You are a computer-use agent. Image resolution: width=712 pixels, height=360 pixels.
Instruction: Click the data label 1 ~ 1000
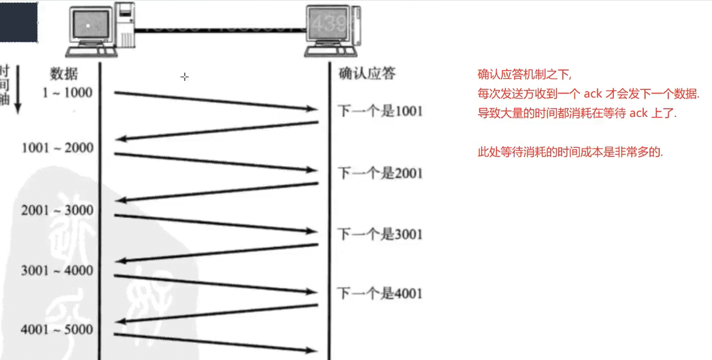[68, 92]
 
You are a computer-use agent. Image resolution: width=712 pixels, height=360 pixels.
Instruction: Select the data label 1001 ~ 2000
[58, 147]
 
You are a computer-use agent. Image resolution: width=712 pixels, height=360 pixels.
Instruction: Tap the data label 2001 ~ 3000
[57, 210]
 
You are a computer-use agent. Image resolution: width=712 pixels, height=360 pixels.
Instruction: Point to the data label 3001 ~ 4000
[57, 271]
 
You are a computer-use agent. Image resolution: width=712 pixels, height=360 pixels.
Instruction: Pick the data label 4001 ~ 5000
[57, 330]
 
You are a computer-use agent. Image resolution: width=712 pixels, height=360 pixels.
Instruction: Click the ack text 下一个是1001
[380, 111]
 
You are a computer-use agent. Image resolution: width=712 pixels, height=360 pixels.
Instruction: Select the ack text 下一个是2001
[380, 173]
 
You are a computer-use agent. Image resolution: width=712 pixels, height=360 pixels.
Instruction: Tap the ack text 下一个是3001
[380, 234]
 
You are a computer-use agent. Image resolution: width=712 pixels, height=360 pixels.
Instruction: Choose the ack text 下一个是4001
[380, 293]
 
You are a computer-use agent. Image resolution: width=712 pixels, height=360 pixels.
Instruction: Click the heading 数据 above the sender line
[64, 74]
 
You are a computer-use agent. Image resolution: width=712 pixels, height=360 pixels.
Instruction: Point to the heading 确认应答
[367, 73]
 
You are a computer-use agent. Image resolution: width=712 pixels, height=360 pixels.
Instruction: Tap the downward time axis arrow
[18, 88]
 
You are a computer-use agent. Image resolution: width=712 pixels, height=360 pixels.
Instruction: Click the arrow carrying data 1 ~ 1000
[215, 101]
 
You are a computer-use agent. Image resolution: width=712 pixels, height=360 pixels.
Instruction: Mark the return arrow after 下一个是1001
[217, 130]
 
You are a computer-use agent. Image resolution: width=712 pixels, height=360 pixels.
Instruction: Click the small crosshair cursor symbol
[184, 77]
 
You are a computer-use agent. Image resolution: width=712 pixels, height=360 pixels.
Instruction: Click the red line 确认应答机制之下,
[524, 75]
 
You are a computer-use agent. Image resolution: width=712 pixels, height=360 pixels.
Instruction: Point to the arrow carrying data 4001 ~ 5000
[215, 343]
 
